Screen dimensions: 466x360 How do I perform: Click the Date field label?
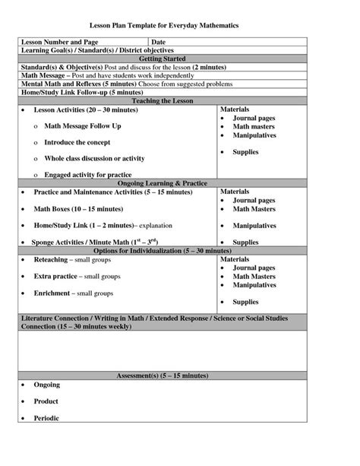click(x=158, y=41)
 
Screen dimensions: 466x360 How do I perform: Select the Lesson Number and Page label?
click(x=60, y=41)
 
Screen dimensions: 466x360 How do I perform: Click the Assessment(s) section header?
click(x=163, y=376)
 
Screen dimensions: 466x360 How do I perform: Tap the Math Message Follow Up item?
click(x=82, y=125)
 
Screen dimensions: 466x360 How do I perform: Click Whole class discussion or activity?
click(x=95, y=158)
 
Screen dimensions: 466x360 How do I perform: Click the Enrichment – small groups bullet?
click(x=73, y=293)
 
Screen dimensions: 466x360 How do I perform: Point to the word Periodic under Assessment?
click(x=46, y=417)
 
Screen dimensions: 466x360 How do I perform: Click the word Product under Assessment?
click(x=46, y=401)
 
